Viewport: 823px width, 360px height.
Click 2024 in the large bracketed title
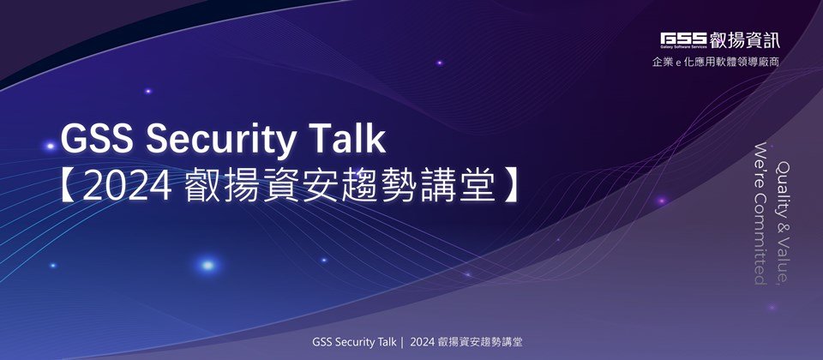point(127,187)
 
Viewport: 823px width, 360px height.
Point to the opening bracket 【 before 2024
point(69,187)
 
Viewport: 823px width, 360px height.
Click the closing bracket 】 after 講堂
point(509,187)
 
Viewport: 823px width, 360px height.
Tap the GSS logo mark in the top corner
point(683,40)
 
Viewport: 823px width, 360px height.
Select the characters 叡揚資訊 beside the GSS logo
point(744,40)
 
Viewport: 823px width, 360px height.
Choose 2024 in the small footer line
point(423,343)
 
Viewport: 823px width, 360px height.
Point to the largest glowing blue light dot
point(207,265)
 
